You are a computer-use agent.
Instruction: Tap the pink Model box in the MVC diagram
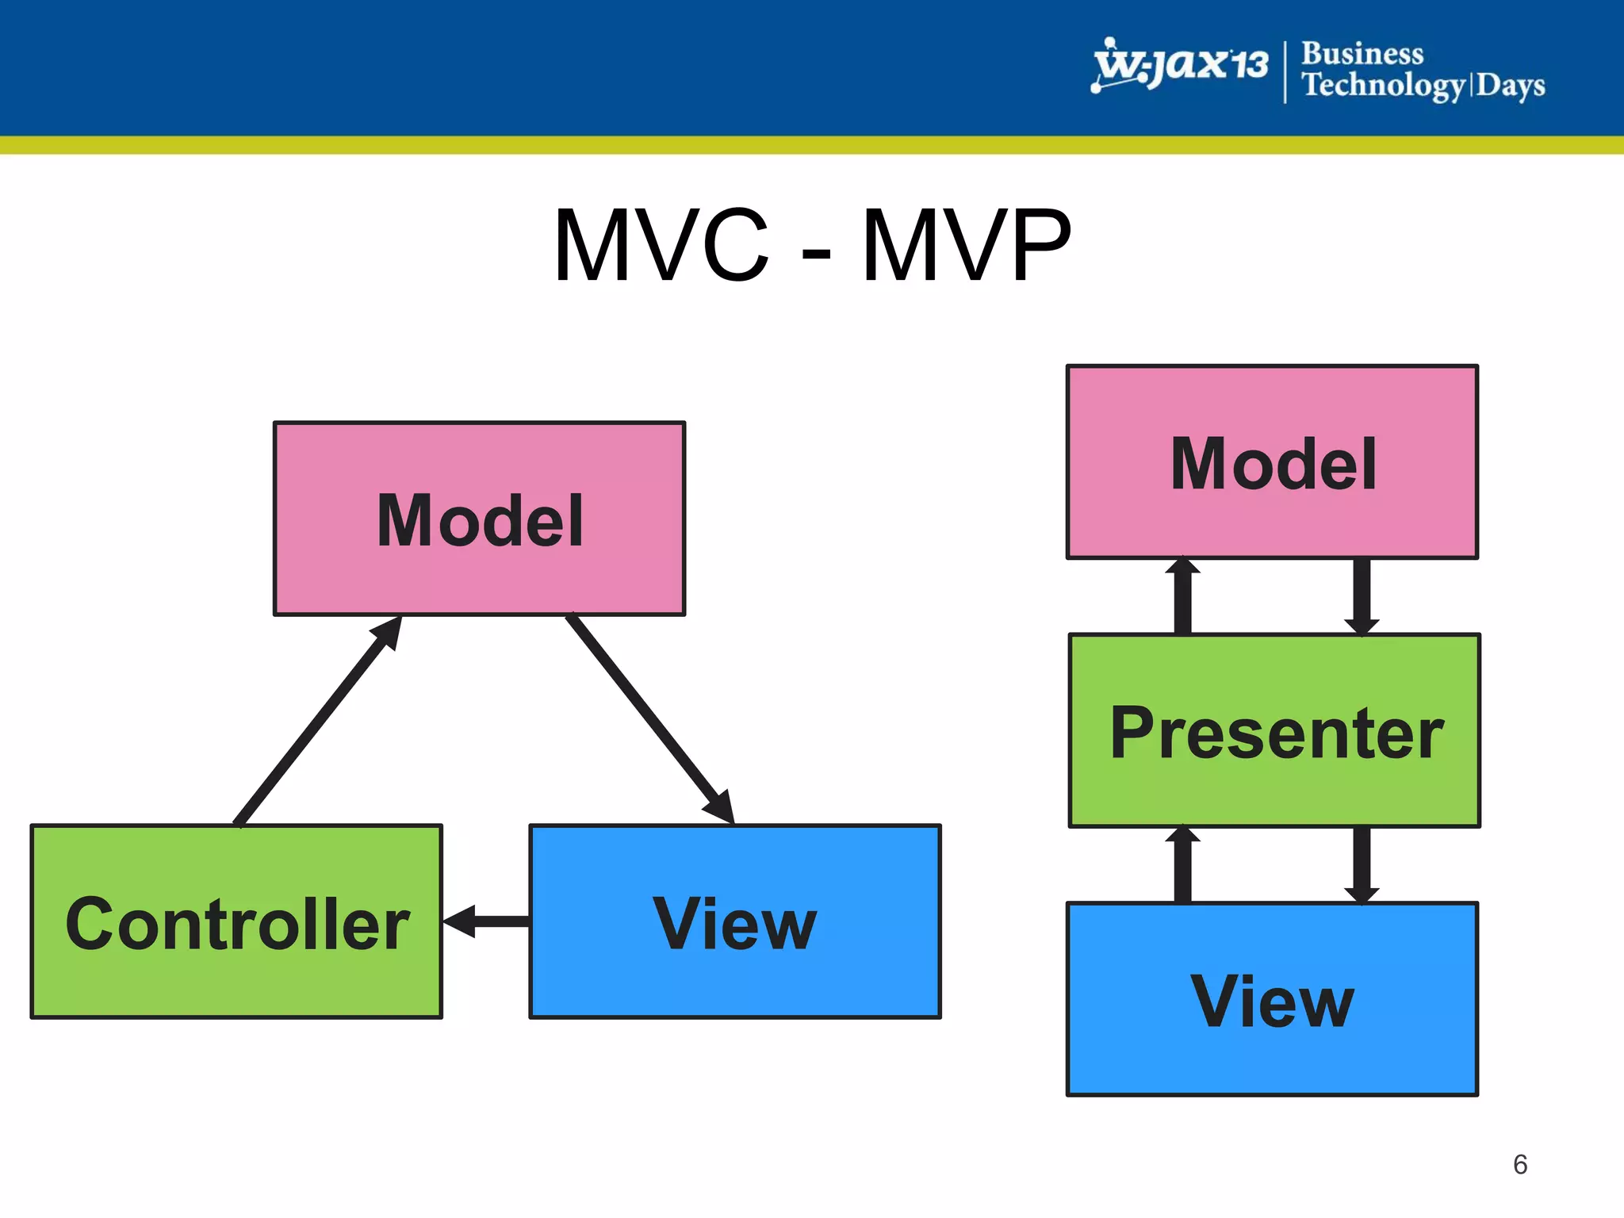[479, 519]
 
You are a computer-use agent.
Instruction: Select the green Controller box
[236, 921]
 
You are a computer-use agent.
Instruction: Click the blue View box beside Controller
[735, 921]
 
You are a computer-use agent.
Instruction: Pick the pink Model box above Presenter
[1272, 462]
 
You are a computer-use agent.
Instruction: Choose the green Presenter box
[1274, 730]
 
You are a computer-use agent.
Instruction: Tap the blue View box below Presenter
[1272, 999]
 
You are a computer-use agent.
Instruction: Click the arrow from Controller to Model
[317, 722]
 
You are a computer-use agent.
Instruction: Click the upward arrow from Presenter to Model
[1182, 596]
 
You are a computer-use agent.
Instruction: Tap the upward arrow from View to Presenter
[1182, 865]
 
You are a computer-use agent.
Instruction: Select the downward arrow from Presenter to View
[1362, 865]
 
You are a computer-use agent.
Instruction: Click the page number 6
[1519, 1164]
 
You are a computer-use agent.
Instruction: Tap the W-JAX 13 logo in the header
[1179, 65]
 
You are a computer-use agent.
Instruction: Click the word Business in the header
[1362, 53]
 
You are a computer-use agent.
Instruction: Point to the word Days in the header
[1510, 85]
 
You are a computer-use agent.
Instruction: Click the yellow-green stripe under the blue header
[812, 145]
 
